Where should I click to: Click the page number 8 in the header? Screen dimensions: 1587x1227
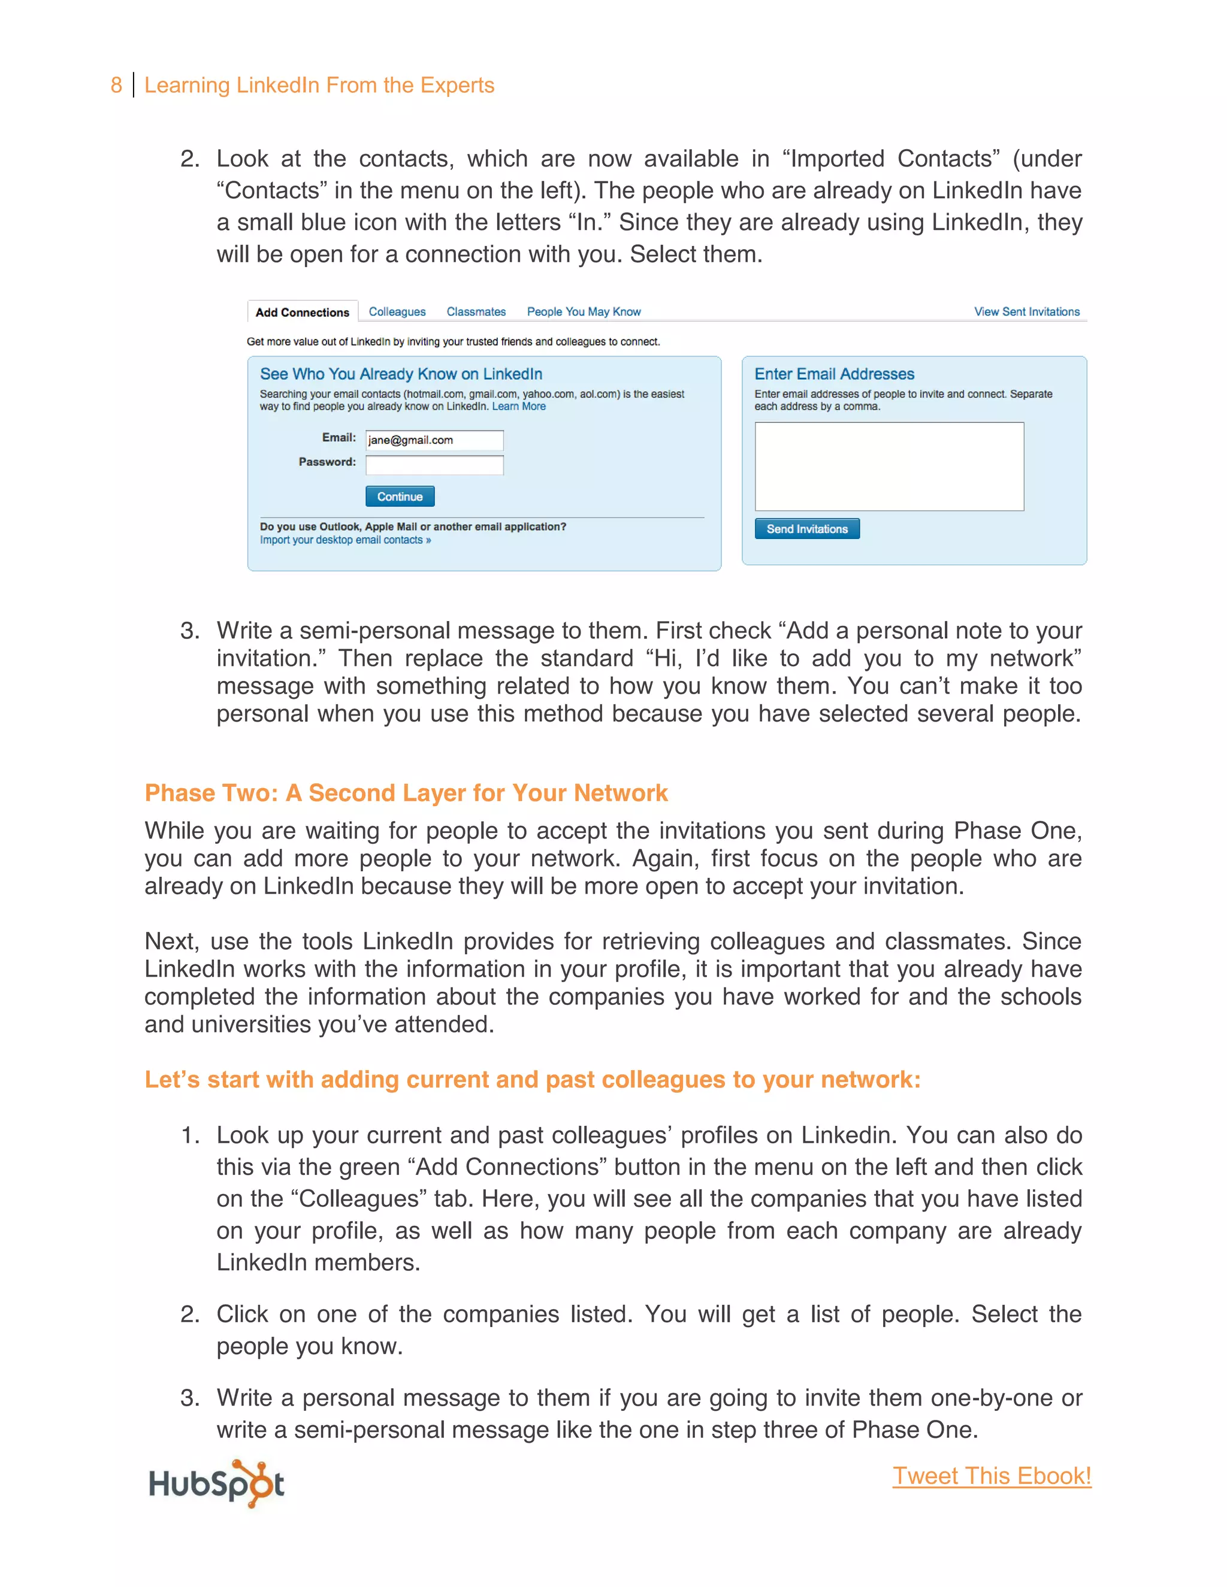[x=116, y=86]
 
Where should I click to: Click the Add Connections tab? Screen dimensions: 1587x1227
[x=302, y=313]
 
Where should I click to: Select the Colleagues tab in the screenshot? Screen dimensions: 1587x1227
[x=397, y=312]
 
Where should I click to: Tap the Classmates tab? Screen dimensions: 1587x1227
[x=476, y=312]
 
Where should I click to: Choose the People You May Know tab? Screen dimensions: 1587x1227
[x=584, y=312]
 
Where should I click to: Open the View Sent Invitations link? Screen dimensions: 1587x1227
[x=1026, y=312]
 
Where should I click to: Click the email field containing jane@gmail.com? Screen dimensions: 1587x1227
[x=434, y=440]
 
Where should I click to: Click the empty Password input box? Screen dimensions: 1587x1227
[x=434, y=465]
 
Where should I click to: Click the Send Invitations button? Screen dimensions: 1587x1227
[x=807, y=529]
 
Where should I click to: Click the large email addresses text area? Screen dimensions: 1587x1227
[x=889, y=467]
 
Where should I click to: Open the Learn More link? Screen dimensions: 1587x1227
[x=518, y=407]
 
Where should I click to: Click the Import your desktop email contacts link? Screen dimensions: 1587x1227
[x=345, y=540]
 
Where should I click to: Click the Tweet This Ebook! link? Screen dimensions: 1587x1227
[x=992, y=1476]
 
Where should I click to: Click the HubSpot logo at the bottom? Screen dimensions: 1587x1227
[x=216, y=1483]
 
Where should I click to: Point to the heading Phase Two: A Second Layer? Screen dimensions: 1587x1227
[x=406, y=793]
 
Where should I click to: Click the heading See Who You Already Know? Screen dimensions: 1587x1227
[x=401, y=374]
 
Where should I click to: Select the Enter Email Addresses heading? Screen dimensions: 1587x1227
[x=834, y=374]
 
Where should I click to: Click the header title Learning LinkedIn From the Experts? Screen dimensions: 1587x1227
[x=319, y=86]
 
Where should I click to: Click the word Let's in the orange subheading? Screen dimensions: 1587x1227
[x=171, y=1080]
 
